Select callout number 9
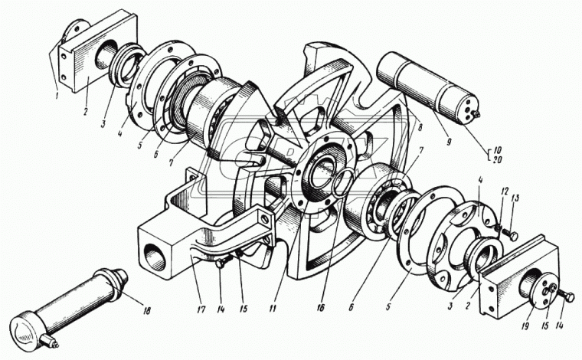pyautogui.click(x=449, y=142)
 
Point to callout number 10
pyautogui.click(x=497, y=150)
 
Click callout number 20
pyautogui.click(x=497, y=159)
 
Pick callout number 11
pyautogui.click(x=273, y=308)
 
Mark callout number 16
pyautogui.click(x=320, y=308)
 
